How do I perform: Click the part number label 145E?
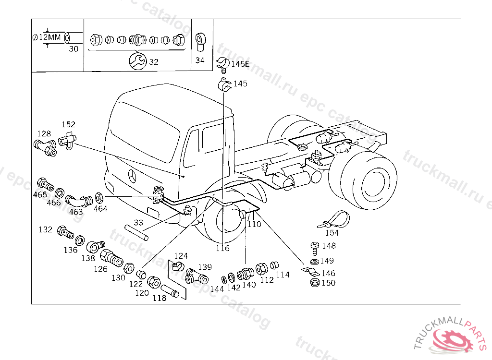pos(240,64)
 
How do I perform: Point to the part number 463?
pos(76,211)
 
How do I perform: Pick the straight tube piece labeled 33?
pos(137,233)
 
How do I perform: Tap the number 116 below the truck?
pos(222,248)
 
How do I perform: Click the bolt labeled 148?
pos(314,248)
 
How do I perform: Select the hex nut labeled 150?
pos(313,283)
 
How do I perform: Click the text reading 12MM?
pos(50,37)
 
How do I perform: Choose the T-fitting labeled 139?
pos(197,276)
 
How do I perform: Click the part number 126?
pos(100,269)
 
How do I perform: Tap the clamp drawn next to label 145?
pos(224,85)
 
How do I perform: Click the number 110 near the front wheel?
pos(254,224)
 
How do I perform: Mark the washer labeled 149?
pos(313,261)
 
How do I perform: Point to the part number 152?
pos(68,125)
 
